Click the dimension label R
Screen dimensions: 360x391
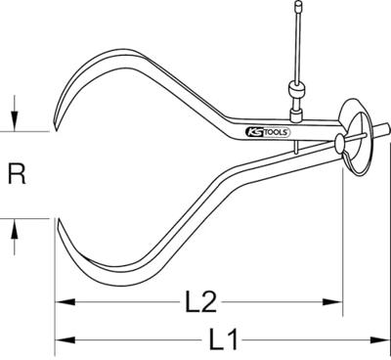[16, 176]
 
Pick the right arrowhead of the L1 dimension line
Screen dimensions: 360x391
[380, 340]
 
